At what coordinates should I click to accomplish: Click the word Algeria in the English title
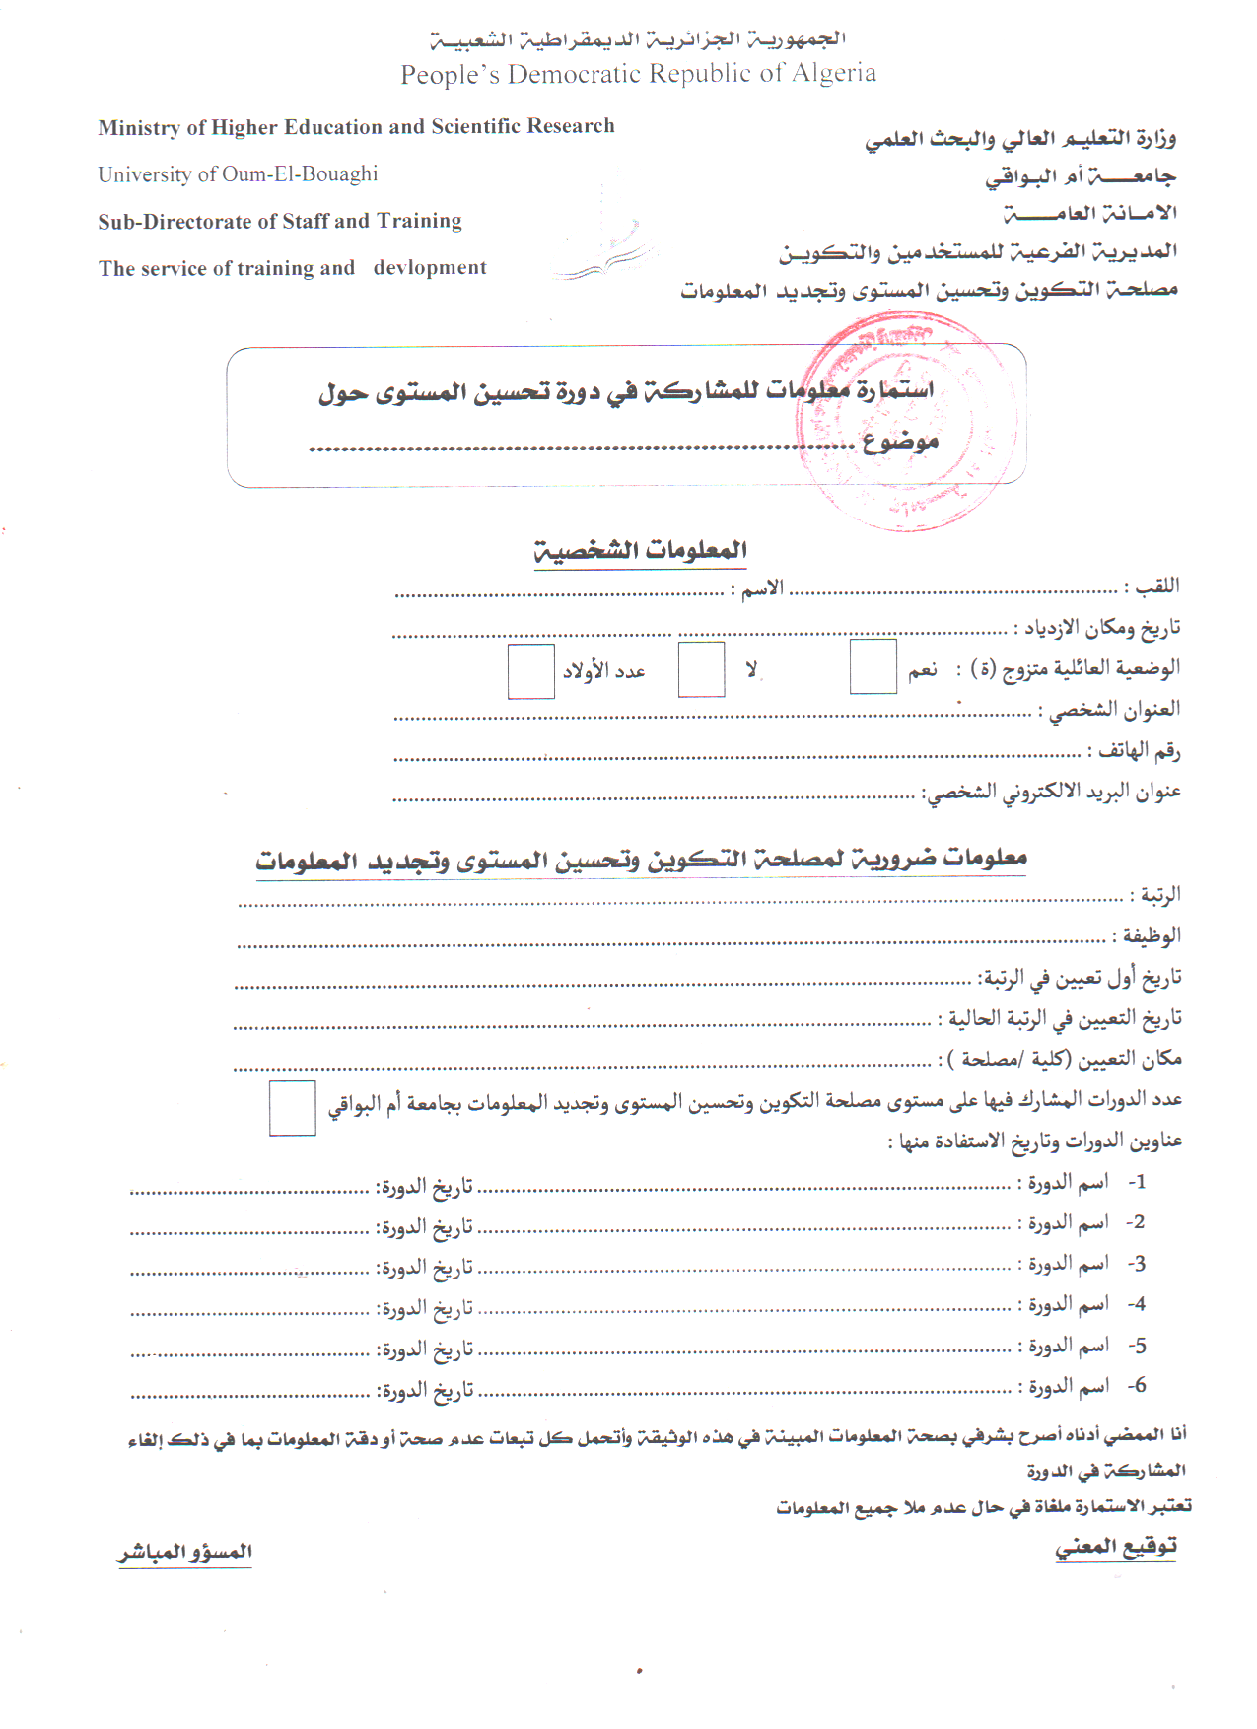pyautogui.click(x=833, y=74)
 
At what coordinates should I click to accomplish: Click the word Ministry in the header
pyautogui.click(x=139, y=127)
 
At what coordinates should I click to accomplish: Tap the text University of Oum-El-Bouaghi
pyautogui.click(x=238, y=174)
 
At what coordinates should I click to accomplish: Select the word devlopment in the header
pyautogui.click(x=430, y=268)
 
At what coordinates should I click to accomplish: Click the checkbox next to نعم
pyautogui.click(x=873, y=667)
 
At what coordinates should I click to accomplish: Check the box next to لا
pyautogui.click(x=701, y=669)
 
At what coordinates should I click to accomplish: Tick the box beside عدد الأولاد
pyautogui.click(x=530, y=671)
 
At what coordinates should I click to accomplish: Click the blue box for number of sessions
pyautogui.click(x=293, y=1108)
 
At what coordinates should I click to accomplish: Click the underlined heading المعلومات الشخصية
pyautogui.click(x=641, y=550)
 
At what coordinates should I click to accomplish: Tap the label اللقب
pyautogui.click(x=1156, y=587)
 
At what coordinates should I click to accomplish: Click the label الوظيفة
pyautogui.click(x=1151, y=935)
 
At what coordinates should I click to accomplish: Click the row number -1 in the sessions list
pyautogui.click(x=1137, y=1182)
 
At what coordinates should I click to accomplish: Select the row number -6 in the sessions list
pyautogui.click(x=1137, y=1386)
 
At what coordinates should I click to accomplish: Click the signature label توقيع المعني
pyautogui.click(x=1116, y=1546)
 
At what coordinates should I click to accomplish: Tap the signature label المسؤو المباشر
pyautogui.click(x=185, y=1553)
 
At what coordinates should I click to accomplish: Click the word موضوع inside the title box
pyautogui.click(x=900, y=442)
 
